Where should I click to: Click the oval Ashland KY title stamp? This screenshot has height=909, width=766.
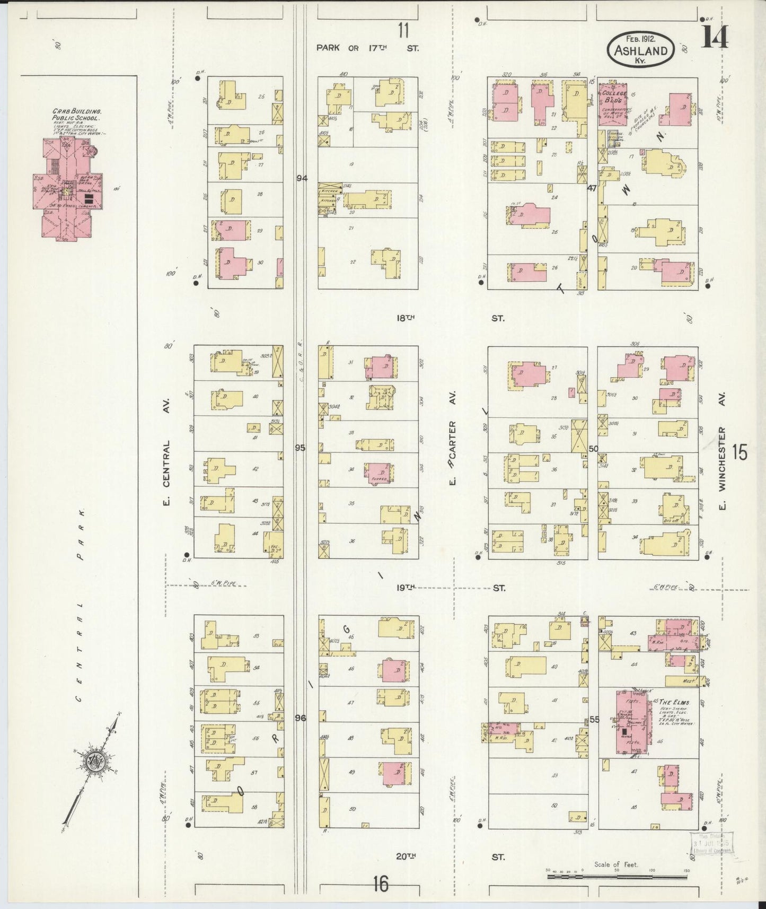point(640,48)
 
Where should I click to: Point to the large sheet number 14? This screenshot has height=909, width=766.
point(715,37)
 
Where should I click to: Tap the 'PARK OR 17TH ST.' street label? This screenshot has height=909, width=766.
point(367,48)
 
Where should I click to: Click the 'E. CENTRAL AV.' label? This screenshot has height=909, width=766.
point(166,472)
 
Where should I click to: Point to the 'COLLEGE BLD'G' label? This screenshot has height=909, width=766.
point(614,96)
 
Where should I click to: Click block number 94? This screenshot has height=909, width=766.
point(302,178)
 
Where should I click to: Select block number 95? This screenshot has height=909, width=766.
point(300,448)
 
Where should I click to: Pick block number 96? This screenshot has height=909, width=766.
point(301,718)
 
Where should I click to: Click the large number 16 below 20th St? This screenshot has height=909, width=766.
point(380,884)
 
